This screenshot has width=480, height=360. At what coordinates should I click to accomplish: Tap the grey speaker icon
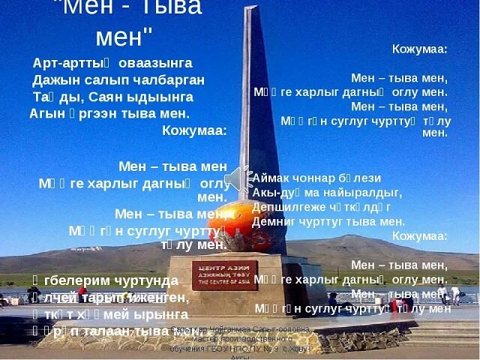click(x=238, y=178)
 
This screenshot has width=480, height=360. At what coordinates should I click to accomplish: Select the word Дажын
click(x=54, y=80)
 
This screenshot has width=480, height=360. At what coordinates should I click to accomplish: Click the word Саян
click(x=109, y=97)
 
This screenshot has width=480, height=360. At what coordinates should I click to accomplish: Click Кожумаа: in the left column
click(x=194, y=130)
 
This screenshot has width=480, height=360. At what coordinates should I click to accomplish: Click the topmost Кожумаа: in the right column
click(x=419, y=49)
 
